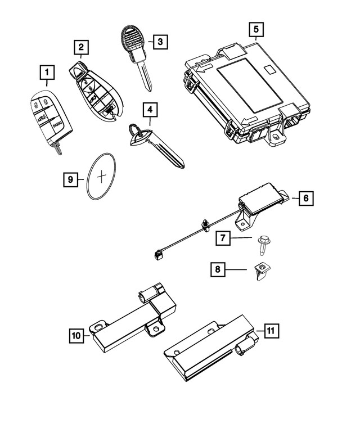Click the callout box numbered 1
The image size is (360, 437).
point(47,72)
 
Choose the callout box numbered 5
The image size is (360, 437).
point(256,28)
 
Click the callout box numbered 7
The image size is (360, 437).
point(223,238)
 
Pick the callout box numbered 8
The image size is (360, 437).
point(217,271)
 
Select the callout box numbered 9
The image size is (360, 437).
point(70,179)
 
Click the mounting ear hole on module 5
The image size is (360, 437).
point(277,136)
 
